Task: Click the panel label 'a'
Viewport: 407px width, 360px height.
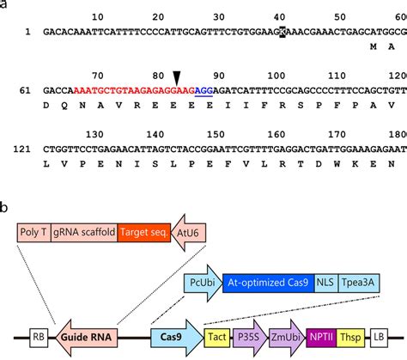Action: pyautogui.click(x=6, y=8)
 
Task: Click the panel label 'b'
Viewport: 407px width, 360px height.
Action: pyautogui.click(x=6, y=207)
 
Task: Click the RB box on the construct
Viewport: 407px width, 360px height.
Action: pyautogui.click(x=39, y=339)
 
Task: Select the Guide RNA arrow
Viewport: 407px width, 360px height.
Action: pyautogui.click(x=88, y=339)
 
